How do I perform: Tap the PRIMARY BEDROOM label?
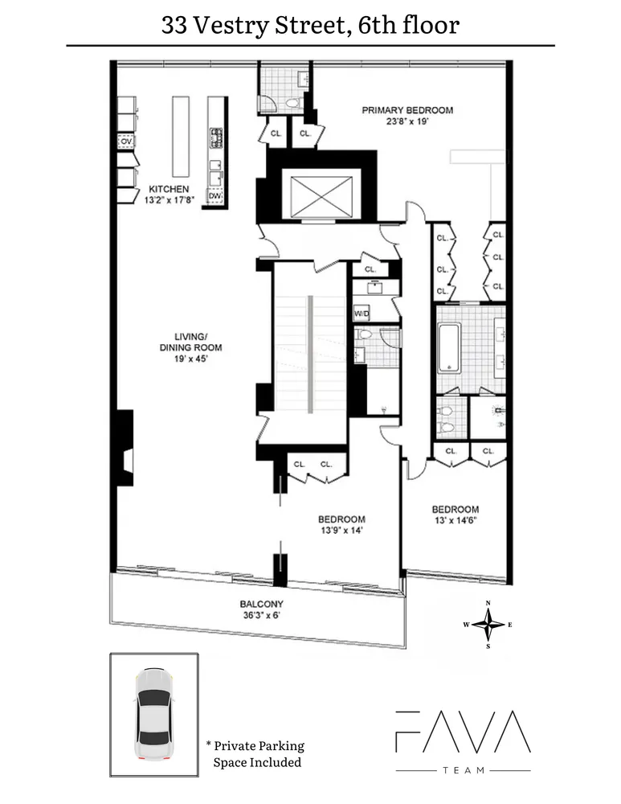(407, 110)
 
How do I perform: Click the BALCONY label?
(260, 604)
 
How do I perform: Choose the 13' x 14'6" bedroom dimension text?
(455, 521)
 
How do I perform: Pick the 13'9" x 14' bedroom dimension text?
(342, 531)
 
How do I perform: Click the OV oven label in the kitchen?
(125, 142)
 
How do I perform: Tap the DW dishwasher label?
(214, 195)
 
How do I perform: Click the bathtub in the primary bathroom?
(448, 347)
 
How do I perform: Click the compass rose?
(488, 623)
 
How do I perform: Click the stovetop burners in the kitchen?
(215, 138)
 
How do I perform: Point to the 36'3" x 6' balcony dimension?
(260, 616)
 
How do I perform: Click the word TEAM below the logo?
(463, 770)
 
